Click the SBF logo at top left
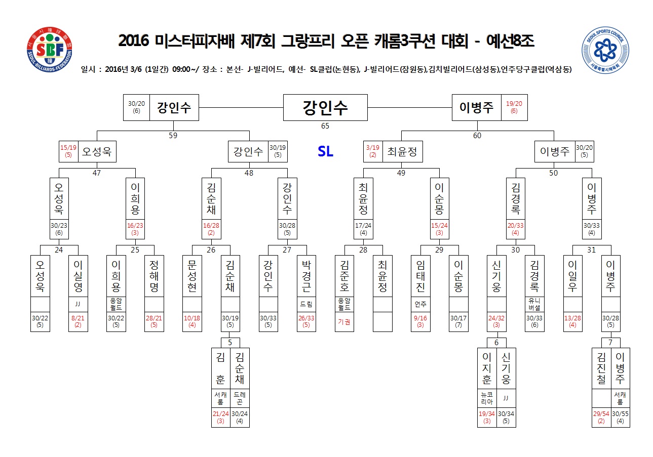pyautogui.click(x=50, y=50)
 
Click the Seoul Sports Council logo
pyautogui.click(x=605, y=50)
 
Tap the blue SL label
pyautogui.click(x=325, y=151)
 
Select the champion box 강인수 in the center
pyautogui.click(x=325, y=107)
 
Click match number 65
pyautogui.click(x=325, y=126)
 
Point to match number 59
pyautogui.click(x=173, y=136)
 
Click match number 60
pyautogui.click(x=477, y=136)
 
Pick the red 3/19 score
pyautogui.click(x=372, y=148)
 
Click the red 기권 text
pyautogui.click(x=344, y=322)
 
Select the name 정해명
pyautogui.click(x=154, y=276)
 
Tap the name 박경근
pyautogui.click(x=306, y=276)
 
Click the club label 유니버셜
pyautogui.click(x=534, y=304)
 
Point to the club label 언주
pyautogui.click(x=420, y=304)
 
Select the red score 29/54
pyautogui.click(x=601, y=413)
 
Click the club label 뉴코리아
pyautogui.click(x=487, y=398)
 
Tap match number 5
pyautogui.click(x=230, y=343)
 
